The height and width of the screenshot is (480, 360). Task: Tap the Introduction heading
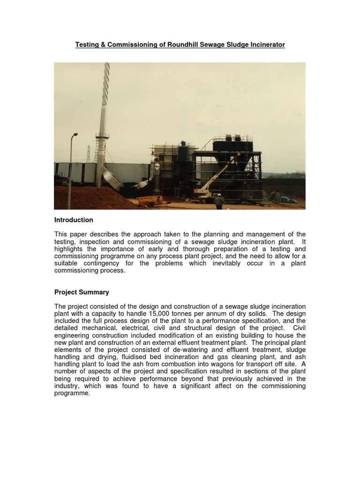(x=74, y=220)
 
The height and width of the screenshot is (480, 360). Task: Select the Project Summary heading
(x=82, y=292)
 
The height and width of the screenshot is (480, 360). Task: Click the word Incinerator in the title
(x=267, y=45)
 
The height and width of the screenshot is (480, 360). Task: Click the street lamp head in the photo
(x=75, y=135)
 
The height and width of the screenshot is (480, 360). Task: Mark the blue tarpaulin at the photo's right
(x=288, y=200)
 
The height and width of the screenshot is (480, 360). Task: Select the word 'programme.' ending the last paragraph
(x=72, y=393)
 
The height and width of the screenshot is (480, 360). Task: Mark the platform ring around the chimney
(x=102, y=136)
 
